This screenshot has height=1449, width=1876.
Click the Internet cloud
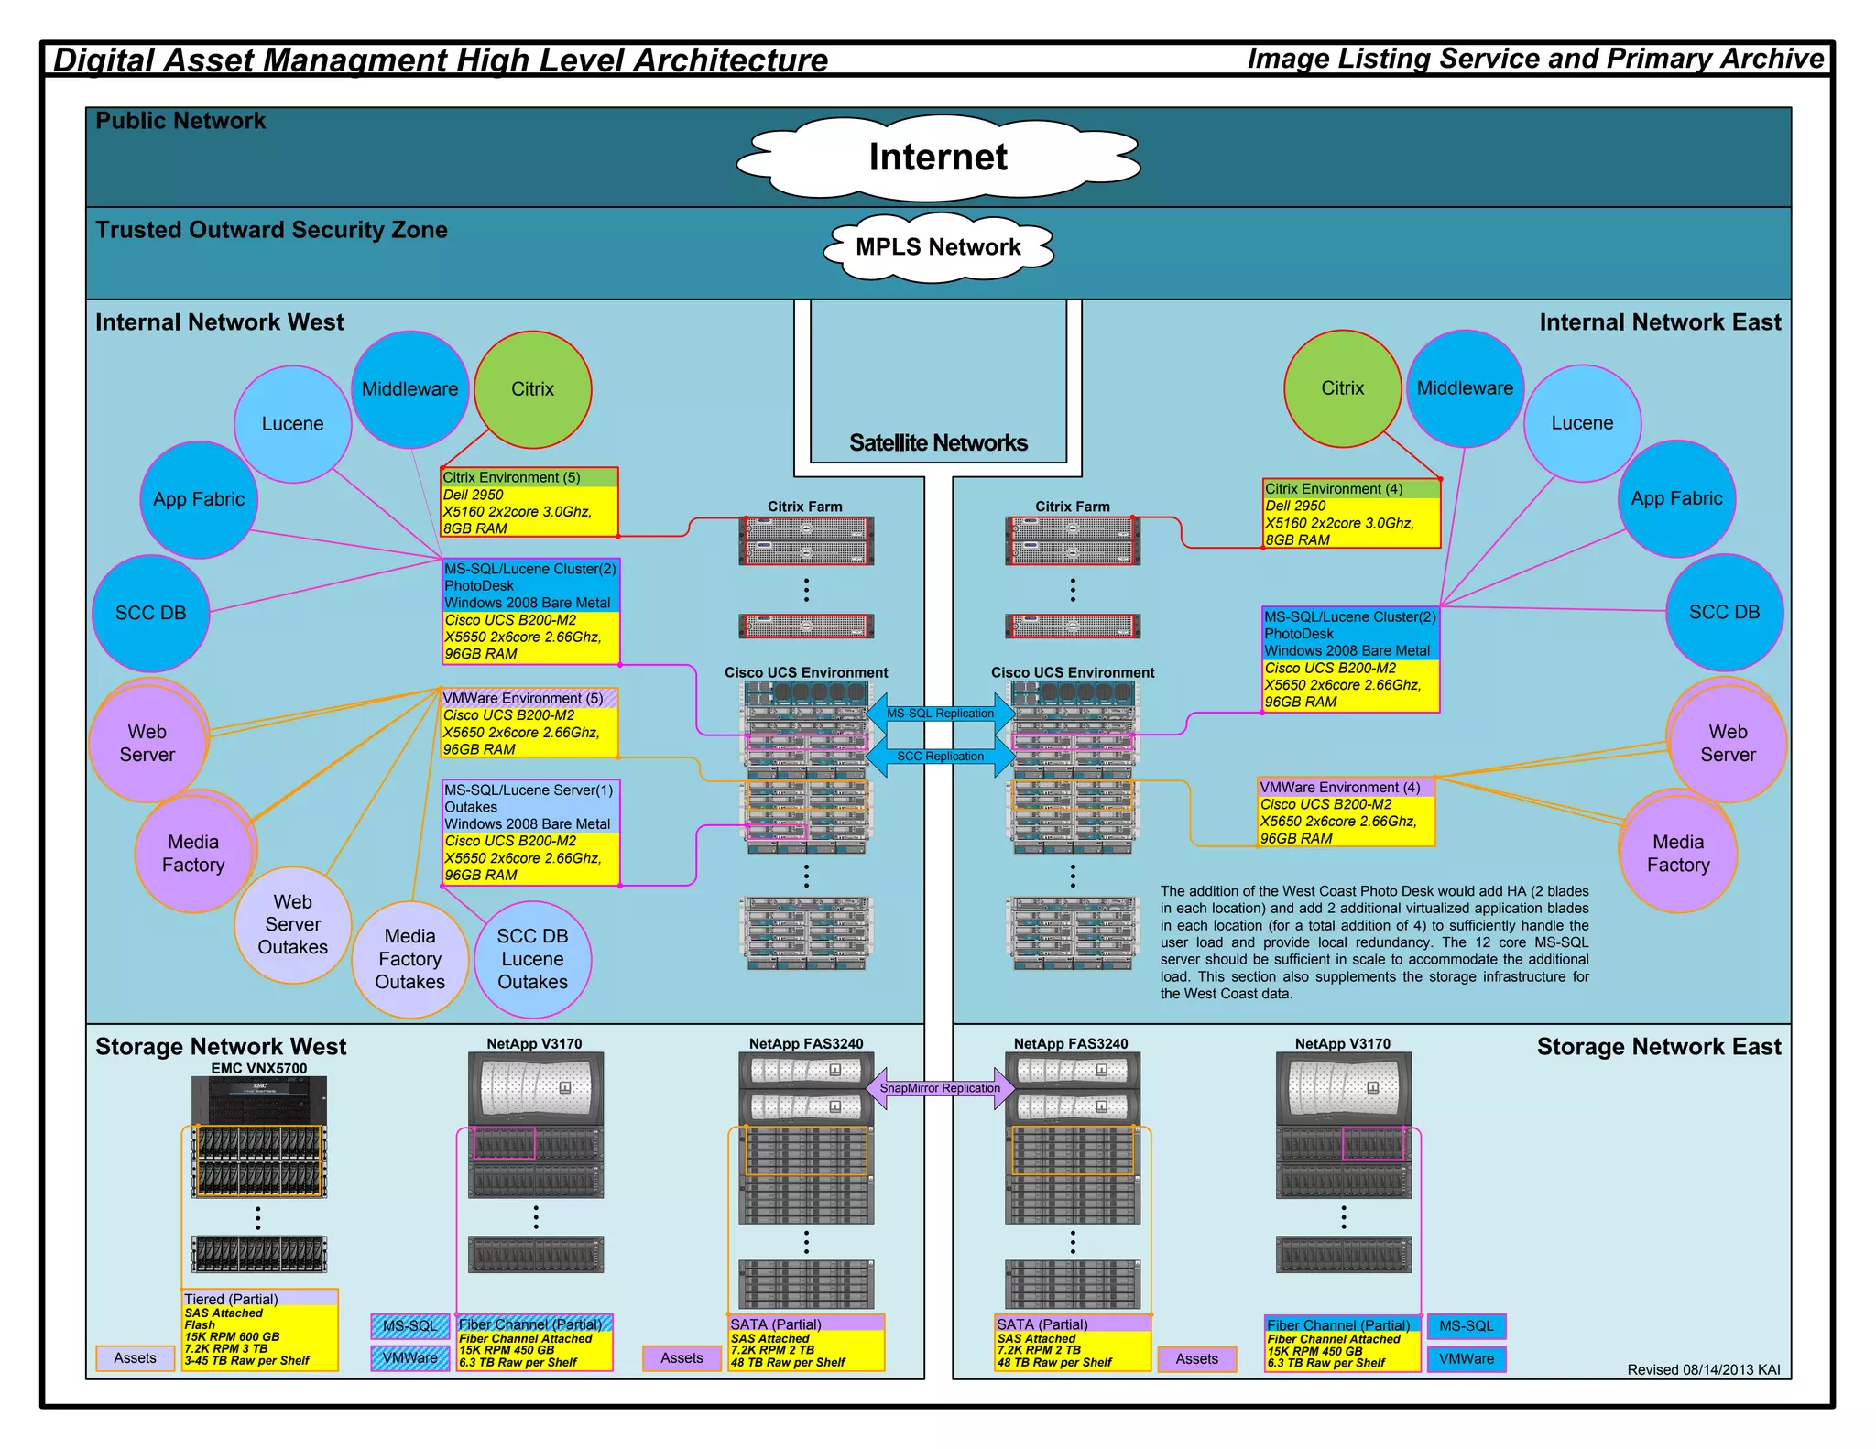pos(938,158)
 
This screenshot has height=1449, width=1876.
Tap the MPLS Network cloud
pos(938,247)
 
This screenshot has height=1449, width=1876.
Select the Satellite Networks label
pos(938,443)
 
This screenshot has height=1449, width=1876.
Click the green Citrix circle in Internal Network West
pos(532,389)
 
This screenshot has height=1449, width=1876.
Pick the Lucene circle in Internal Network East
pos(1582,423)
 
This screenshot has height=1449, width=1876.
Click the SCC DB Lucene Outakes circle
pos(532,959)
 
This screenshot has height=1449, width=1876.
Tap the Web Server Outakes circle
pos(292,925)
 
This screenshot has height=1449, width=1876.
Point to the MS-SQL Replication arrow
pos(940,714)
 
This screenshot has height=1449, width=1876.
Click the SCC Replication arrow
pos(940,757)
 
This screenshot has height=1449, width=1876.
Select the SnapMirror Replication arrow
pos(940,1088)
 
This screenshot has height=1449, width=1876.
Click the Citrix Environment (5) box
pos(529,502)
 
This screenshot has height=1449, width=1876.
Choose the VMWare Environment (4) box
pos(1346,812)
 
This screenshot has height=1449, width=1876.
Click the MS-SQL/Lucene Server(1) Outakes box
pos(529,832)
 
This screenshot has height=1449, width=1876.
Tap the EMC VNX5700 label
pos(258,1068)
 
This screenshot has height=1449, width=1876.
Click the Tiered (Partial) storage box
pos(260,1330)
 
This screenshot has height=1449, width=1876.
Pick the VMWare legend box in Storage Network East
pos(1466,1359)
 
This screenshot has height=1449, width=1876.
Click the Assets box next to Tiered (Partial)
pos(135,1358)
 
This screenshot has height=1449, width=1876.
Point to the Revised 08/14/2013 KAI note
pos(1703,1370)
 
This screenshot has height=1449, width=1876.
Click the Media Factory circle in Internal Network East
pos(1677,854)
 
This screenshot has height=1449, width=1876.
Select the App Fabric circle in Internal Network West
pos(199,499)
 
